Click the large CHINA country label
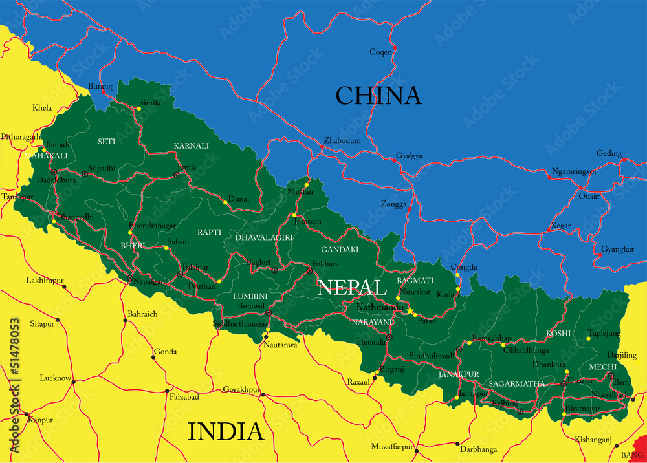point(378,96)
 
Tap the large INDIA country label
point(226,431)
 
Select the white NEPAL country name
point(348,288)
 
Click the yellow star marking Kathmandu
point(410,312)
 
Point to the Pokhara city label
point(325,264)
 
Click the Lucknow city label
point(55,378)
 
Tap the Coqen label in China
point(380,52)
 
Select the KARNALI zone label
point(191,146)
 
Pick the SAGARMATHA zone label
point(516,384)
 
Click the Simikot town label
point(153,103)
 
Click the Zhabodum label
point(342,140)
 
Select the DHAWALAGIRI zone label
point(264,237)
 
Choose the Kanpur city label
point(39,420)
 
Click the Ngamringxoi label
point(574,172)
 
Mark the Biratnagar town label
point(582,409)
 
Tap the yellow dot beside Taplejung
point(589,338)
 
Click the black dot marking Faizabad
point(168,391)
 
